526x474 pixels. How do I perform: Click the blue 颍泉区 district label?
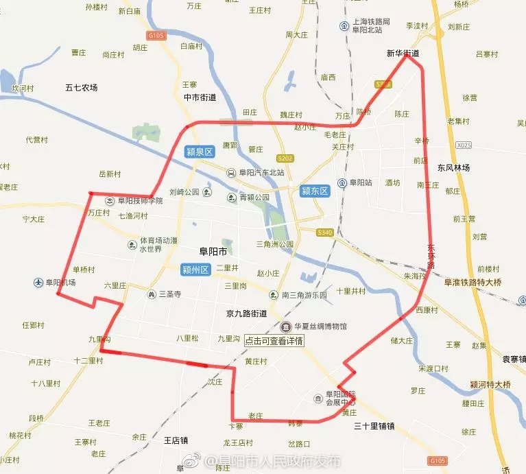pos(200,152)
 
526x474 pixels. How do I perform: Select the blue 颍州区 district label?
pos(195,270)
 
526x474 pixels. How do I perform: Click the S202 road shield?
pos(285,158)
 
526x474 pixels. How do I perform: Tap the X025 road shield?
pos(464,145)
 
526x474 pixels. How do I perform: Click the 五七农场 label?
pos(82,88)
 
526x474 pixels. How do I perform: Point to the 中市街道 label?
pos(200,97)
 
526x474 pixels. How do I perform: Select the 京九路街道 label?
pos(246,313)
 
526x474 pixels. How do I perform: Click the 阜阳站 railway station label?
pos(360,183)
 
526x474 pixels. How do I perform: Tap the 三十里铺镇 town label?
pos(374,426)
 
